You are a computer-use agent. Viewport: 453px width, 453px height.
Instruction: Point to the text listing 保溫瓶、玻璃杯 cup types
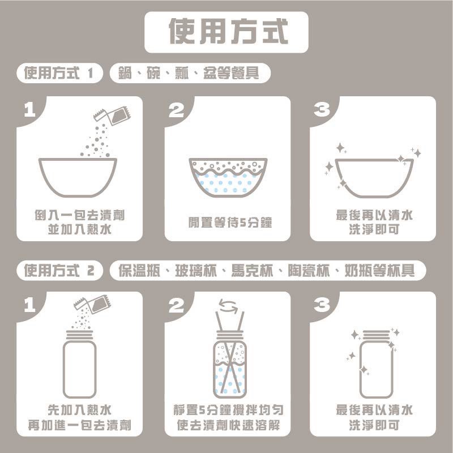tap(267, 270)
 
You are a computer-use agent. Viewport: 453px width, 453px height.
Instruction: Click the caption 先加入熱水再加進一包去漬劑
tap(79, 417)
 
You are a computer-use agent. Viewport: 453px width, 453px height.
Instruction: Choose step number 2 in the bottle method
tap(177, 306)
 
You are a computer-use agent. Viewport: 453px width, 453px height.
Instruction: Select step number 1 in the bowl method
tap(29, 110)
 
